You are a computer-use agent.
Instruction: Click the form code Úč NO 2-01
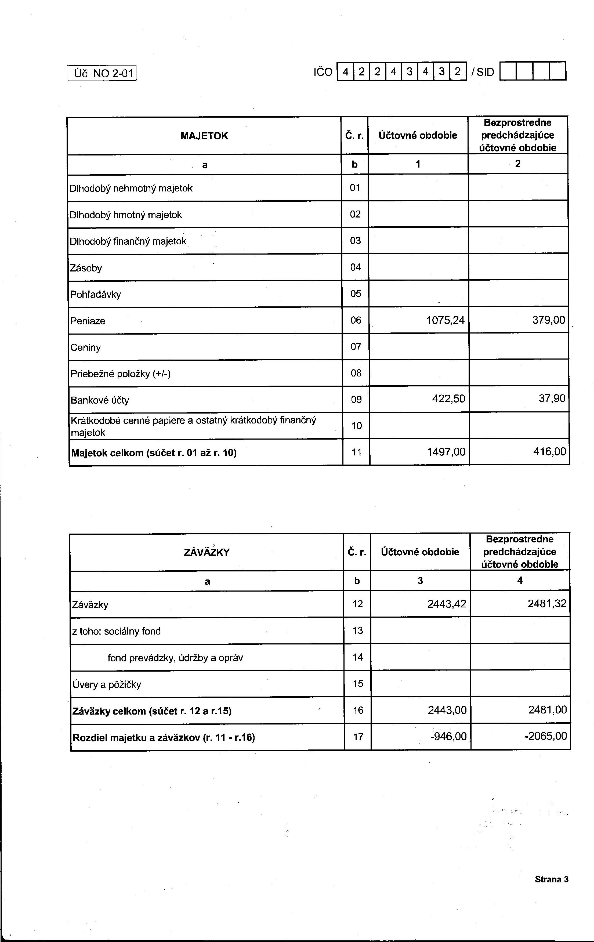102,73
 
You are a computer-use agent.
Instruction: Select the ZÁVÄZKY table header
206,552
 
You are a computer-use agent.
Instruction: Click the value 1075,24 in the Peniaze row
445,320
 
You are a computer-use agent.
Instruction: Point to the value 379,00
549,320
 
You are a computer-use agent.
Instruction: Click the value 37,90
552,398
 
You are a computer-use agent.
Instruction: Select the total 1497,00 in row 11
446,452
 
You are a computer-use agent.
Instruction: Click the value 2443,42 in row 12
447,604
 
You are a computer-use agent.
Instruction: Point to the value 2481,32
547,603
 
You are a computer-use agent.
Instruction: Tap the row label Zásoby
86,268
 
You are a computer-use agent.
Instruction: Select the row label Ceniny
85,347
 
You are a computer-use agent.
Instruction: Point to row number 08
356,373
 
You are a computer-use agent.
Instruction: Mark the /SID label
483,72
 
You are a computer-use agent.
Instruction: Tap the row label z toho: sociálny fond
116,631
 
